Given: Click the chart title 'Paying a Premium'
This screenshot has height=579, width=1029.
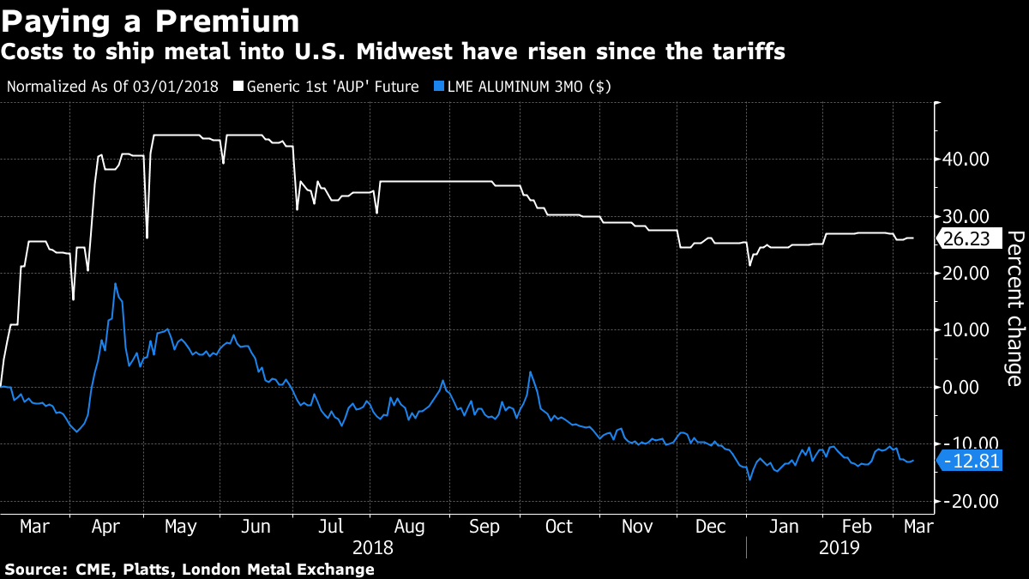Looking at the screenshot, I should click(x=151, y=20).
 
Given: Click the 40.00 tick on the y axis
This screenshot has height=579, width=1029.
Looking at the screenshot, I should click(x=966, y=160).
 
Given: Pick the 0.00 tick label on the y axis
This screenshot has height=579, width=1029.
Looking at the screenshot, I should click(x=971, y=387).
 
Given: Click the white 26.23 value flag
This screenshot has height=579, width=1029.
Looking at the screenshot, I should click(x=970, y=239).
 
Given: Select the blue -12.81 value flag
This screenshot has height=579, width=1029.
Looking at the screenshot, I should click(x=969, y=462).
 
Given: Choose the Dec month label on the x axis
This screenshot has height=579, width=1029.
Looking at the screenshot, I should click(x=711, y=526).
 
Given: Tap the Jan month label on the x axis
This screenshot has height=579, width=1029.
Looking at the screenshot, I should click(x=786, y=526).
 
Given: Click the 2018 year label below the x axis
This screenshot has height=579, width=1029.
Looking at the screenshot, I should click(x=373, y=547).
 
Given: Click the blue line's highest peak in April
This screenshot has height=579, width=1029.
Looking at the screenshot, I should click(x=115, y=284).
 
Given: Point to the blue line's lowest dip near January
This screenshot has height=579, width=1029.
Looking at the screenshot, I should click(x=749, y=479).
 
